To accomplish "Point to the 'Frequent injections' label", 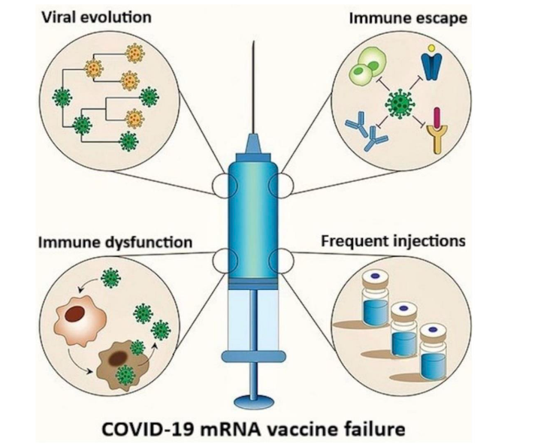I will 391,242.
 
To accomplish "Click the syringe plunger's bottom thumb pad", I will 258,400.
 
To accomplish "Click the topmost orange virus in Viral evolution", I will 136,53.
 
